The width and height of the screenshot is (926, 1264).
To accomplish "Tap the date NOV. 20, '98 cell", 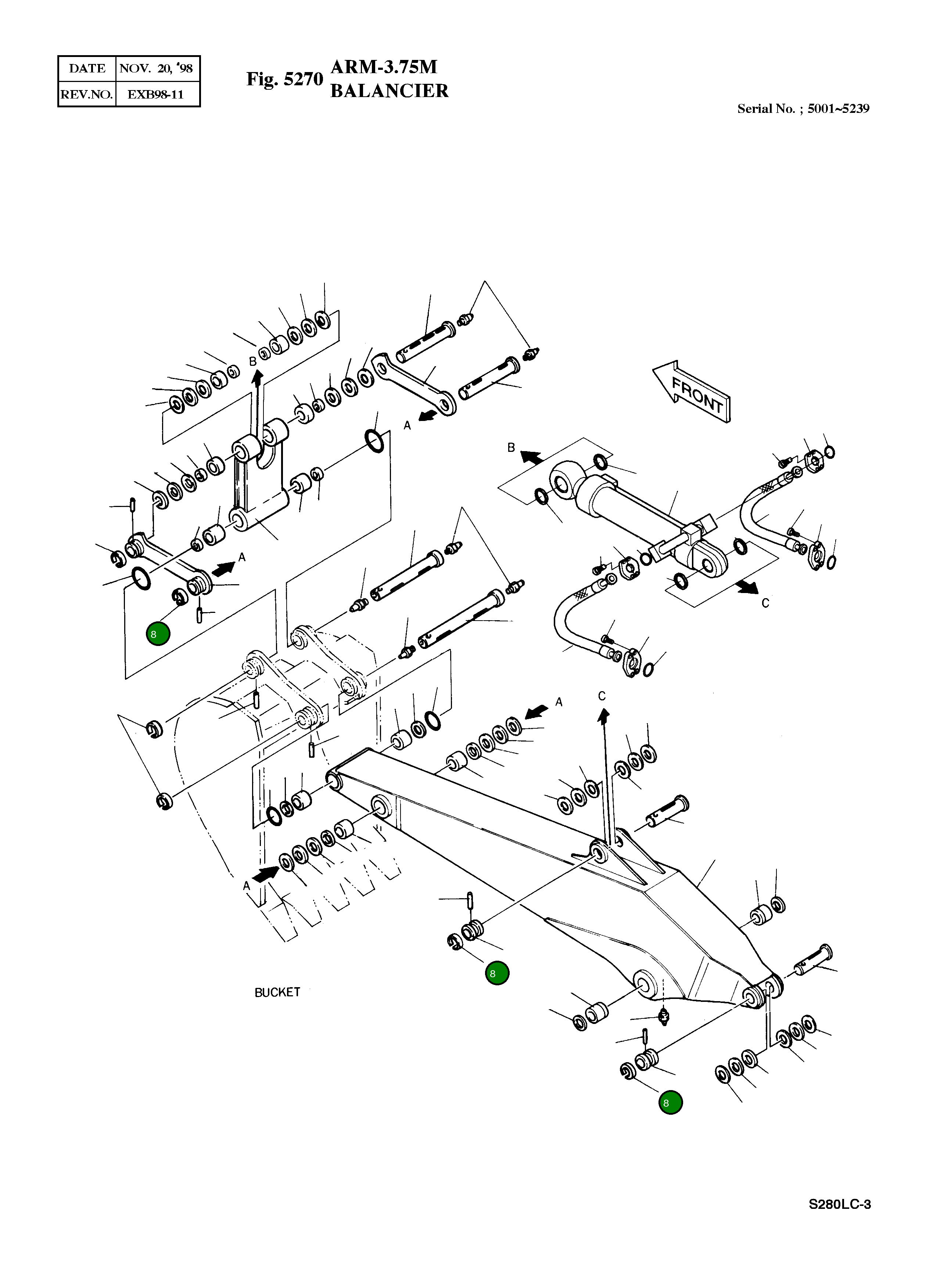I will [157, 68].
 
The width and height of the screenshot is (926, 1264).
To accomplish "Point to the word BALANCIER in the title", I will [389, 91].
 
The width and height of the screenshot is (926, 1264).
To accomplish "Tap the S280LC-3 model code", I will [839, 1204].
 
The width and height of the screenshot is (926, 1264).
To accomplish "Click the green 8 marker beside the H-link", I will [158, 634].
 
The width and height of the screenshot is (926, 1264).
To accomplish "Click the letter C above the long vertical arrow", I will [602, 696].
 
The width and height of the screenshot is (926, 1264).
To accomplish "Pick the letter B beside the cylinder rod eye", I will [511, 447].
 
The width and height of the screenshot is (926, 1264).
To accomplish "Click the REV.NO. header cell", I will [87, 94].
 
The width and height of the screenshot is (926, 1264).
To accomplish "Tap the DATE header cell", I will [87, 68].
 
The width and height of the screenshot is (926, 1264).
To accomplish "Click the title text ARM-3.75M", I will [384, 67].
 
